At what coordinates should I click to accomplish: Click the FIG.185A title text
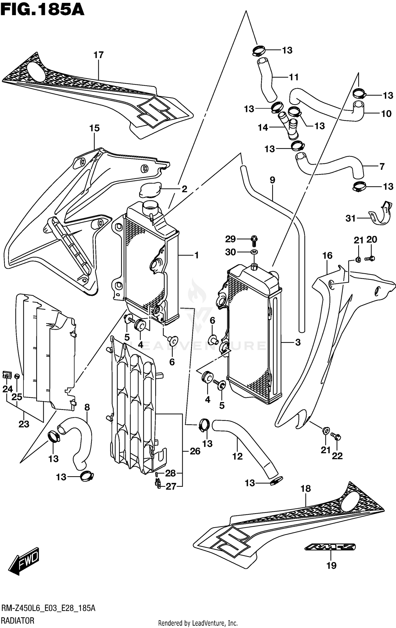click(42, 10)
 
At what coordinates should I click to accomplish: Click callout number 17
click(98, 55)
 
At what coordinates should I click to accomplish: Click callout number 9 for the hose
click(272, 180)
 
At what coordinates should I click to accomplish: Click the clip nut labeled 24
click(7, 375)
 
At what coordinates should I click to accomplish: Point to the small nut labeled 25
click(17, 376)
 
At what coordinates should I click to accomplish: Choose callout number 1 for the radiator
click(196, 255)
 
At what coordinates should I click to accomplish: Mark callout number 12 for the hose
click(237, 456)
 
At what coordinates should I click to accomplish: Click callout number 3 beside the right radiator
click(298, 342)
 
